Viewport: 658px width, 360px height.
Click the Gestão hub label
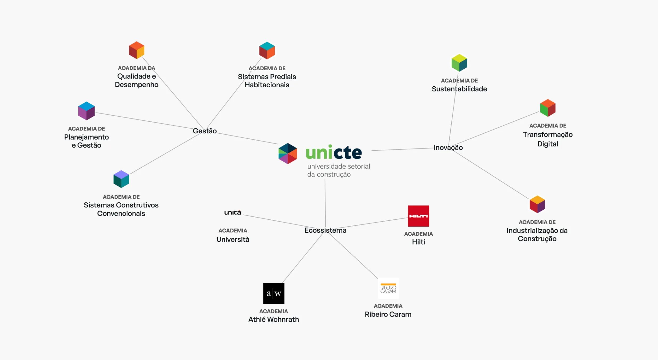pyautogui.click(x=204, y=131)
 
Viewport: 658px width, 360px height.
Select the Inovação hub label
pyautogui.click(x=448, y=148)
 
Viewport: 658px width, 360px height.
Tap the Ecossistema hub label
pyautogui.click(x=325, y=230)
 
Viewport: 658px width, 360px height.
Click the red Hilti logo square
pyautogui.click(x=418, y=216)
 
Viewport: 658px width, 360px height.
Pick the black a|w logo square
pyautogui.click(x=274, y=293)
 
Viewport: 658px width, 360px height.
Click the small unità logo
pyautogui.click(x=233, y=212)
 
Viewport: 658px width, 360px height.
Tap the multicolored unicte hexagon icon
pyautogui.click(x=287, y=153)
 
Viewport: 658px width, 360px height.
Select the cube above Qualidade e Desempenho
pyautogui.click(x=137, y=50)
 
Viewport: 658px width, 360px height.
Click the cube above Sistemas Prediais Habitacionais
pyautogui.click(x=267, y=51)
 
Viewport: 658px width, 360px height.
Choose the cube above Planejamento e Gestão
pyautogui.click(x=87, y=111)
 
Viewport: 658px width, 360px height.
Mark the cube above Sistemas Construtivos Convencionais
pyautogui.click(x=121, y=179)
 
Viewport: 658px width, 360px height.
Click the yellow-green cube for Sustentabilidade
pyautogui.click(x=459, y=63)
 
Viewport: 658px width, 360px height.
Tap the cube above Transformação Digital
pyautogui.click(x=548, y=108)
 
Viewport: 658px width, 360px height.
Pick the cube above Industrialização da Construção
pyautogui.click(x=537, y=204)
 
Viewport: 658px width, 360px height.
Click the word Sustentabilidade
pyautogui.click(x=459, y=89)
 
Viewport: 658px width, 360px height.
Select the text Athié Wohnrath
pyautogui.click(x=273, y=319)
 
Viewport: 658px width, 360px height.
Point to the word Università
pyautogui.click(x=233, y=239)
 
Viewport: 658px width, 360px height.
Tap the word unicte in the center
pyautogui.click(x=334, y=153)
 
